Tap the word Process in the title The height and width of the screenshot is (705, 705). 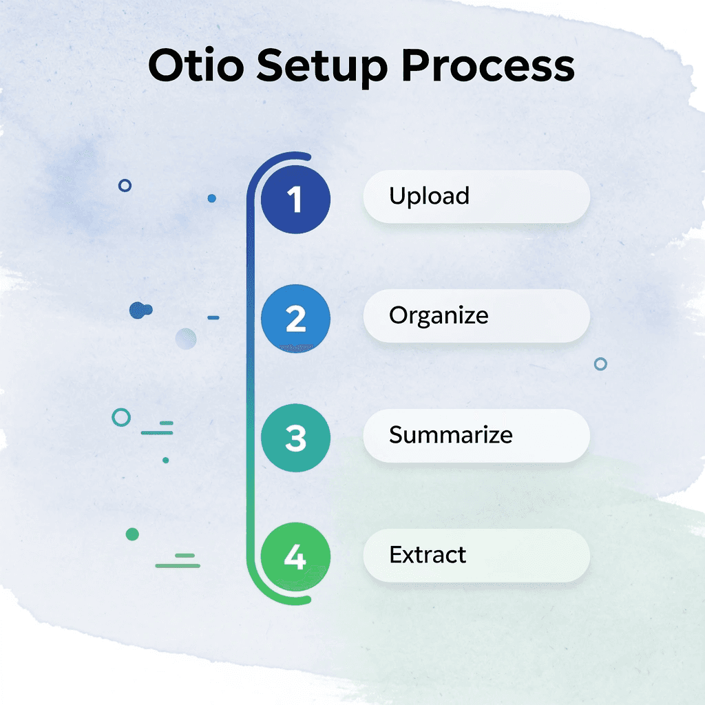pos(488,66)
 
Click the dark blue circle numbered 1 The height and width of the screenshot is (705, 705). pos(295,199)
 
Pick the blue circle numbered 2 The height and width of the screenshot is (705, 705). pos(295,319)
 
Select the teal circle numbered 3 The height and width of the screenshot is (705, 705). pos(295,439)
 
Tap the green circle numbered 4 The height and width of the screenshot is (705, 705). pos(295,558)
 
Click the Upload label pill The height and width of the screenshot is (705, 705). pos(476,197)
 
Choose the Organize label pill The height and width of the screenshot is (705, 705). pos(476,316)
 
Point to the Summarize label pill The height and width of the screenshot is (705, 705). pos(476,436)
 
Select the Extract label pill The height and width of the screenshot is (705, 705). pos(476,556)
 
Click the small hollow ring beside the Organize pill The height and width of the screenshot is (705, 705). pos(600,364)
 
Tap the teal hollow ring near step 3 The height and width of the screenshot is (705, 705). pos(121,417)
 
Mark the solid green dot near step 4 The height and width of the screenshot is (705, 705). pos(133,534)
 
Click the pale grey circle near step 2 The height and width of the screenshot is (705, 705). pos(186,338)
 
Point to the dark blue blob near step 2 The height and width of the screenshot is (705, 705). pos(140,311)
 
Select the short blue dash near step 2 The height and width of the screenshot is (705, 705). pos(213,318)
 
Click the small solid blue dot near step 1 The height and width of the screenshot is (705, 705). pos(212,198)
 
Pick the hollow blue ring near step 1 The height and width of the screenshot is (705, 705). pos(125,185)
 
